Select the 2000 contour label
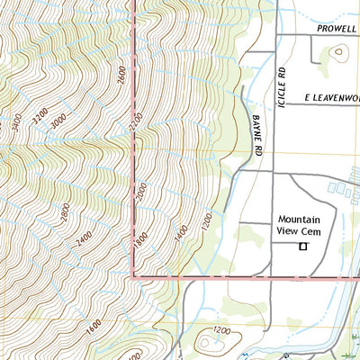coord(140,192)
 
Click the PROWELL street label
coord(337,28)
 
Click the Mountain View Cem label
coord(306,225)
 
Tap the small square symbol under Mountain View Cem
coord(303,246)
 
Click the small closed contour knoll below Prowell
coord(338,52)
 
